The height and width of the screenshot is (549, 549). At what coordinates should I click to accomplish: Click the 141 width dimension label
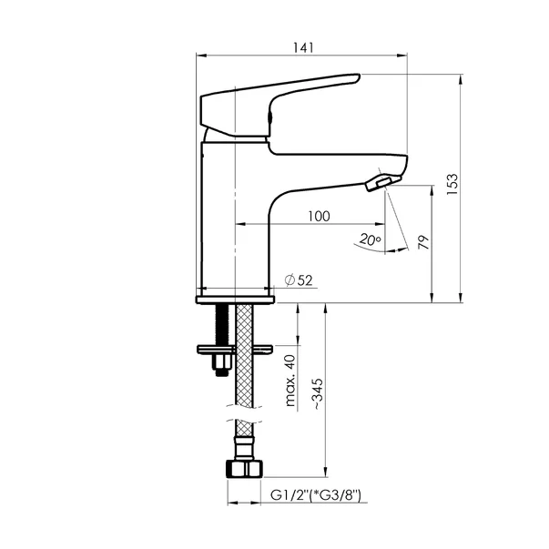point(303,47)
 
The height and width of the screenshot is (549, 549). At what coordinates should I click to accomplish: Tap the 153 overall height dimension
point(452,184)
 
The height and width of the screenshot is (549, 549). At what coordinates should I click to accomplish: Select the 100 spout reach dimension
point(319,216)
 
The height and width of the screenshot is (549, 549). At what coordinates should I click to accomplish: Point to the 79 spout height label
point(423,242)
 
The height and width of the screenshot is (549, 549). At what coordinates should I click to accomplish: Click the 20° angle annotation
point(370,239)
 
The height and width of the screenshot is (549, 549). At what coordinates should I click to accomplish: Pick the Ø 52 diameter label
point(299,280)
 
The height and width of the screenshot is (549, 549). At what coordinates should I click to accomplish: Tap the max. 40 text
point(290,381)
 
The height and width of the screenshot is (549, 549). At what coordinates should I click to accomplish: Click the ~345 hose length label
point(318,394)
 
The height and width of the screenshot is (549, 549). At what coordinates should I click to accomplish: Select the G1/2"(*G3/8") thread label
point(315,495)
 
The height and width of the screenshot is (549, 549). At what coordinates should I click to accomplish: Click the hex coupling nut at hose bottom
point(244,469)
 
